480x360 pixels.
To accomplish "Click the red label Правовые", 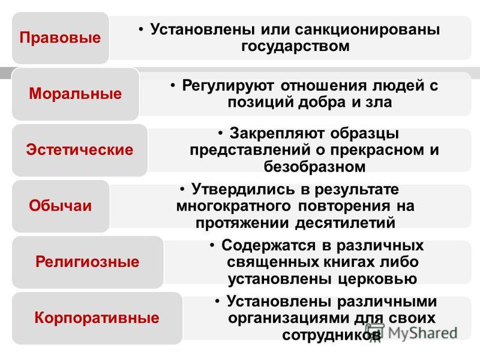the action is click(60, 38).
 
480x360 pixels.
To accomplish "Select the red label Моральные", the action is click(76, 94).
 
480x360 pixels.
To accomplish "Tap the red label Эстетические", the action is click(80, 149).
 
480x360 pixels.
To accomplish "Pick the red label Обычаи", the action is click(61, 205).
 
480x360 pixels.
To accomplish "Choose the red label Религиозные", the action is click(87, 262).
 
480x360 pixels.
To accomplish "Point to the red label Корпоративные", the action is click(97, 318).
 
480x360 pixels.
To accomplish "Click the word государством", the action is click(295, 47).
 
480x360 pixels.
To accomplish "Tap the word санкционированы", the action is click(367, 30).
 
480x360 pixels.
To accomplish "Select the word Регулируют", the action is click(228, 86).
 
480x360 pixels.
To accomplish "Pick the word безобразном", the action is click(314, 167).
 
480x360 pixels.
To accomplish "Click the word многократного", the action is click(233, 206).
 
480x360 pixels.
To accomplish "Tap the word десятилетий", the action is click(345, 223).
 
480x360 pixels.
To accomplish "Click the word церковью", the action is click(378, 279).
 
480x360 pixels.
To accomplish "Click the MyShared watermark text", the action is click(422, 333).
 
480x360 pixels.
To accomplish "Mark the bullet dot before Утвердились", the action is click(182, 189).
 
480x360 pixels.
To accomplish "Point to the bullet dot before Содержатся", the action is click(212, 245).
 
